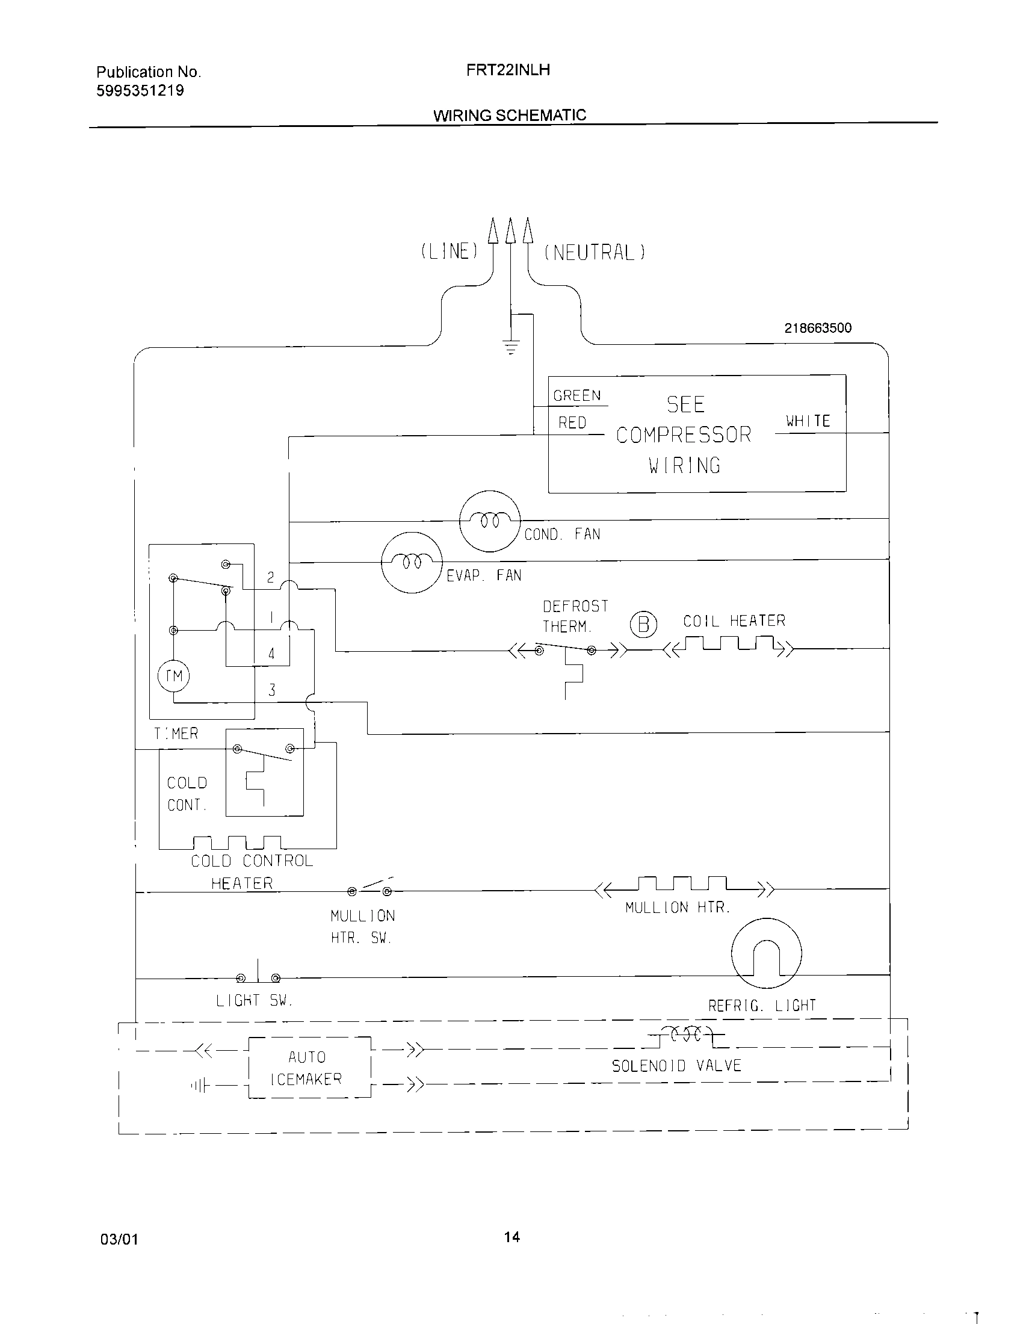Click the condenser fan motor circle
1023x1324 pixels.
(490, 521)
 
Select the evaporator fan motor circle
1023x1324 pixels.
(412, 563)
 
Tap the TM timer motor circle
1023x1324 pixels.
(174, 676)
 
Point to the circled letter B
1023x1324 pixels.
(644, 625)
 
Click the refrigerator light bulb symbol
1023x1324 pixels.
(767, 954)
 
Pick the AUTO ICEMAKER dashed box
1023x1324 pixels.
(310, 1068)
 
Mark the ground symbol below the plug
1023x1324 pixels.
(512, 348)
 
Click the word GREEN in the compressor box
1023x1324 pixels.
(577, 396)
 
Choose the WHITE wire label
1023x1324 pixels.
(808, 421)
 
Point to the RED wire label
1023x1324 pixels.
(572, 423)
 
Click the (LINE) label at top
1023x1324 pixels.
(450, 252)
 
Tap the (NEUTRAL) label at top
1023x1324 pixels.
(595, 253)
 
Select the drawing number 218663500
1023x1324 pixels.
(818, 328)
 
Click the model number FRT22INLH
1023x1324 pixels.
(508, 70)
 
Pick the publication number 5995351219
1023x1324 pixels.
(140, 91)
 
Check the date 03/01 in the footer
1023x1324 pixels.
(119, 1240)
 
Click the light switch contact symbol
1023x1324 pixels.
(259, 977)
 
